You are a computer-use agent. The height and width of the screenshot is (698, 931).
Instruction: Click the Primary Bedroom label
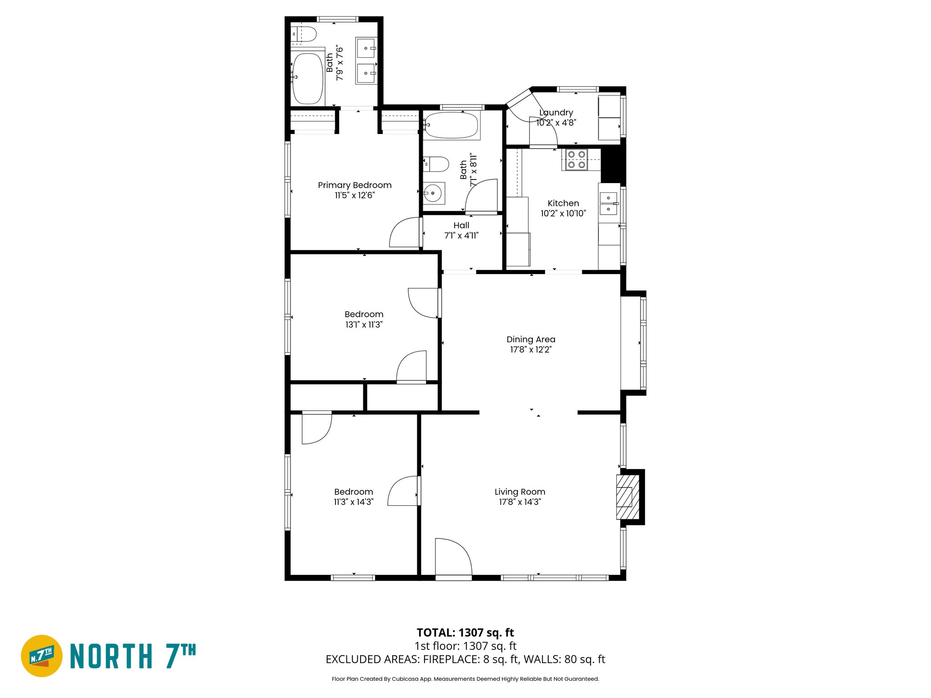pos(355,185)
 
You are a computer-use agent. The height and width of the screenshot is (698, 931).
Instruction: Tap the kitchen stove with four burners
pos(576,160)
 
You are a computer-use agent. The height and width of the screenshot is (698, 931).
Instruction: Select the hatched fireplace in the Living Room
pos(627,497)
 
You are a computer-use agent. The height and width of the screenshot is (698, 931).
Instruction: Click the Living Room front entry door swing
pos(452,557)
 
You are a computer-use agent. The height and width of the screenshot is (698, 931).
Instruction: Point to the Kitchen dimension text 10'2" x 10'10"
pos(563,214)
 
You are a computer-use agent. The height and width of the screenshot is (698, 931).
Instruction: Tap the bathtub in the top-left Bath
pos(308,79)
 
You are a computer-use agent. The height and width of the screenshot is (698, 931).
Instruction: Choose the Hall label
pos(461,225)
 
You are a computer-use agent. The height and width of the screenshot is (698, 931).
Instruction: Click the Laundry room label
pos(556,113)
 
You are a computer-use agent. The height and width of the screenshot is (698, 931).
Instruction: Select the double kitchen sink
pos(608,203)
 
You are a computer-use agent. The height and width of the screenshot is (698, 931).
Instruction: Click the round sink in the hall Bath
pos(433,194)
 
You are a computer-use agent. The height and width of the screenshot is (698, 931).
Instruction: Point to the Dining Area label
pos(531,339)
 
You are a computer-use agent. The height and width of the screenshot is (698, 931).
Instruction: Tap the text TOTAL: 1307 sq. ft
pos(465,633)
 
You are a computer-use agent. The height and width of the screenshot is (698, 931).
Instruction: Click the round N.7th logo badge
pos(42,656)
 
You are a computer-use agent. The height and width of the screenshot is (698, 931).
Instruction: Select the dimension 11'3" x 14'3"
pos(353,502)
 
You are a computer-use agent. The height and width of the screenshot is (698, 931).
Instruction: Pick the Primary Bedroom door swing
pos(404,233)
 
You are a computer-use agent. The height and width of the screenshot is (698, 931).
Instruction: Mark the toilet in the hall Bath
pos(436,164)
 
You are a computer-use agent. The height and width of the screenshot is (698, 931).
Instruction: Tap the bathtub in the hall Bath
pos(451,125)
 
